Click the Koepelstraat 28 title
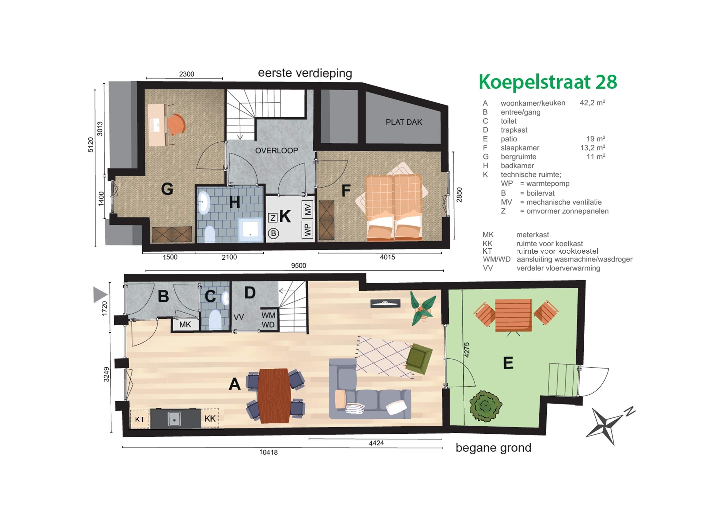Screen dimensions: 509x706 pyautogui.click(x=548, y=82)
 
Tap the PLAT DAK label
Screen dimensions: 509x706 pyautogui.click(x=404, y=122)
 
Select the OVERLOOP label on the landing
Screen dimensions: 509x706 pyautogui.click(x=277, y=151)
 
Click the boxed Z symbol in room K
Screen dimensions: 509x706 pyautogui.click(x=273, y=218)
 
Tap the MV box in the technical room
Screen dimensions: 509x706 pyautogui.click(x=308, y=210)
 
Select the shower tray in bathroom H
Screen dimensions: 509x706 pyautogui.click(x=250, y=230)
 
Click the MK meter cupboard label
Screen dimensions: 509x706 pyautogui.click(x=185, y=325)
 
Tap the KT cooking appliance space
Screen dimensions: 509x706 pyautogui.click(x=140, y=419)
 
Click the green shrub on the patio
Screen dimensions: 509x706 pyautogui.click(x=485, y=406)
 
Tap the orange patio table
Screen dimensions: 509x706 pyautogui.click(x=513, y=315)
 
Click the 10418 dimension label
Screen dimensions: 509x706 pyautogui.click(x=268, y=452)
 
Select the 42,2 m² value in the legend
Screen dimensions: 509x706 pyautogui.click(x=592, y=103)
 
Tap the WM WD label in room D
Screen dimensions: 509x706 pyautogui.click(x=268, y=320)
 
